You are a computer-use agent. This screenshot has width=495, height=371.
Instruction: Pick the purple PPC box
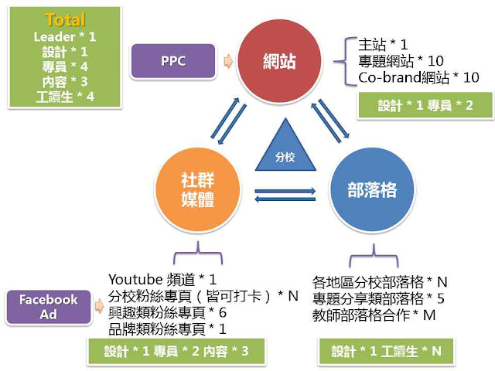(172, 60)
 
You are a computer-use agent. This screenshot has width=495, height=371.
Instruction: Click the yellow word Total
(65, 20)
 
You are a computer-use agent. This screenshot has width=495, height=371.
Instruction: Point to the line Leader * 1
(65, 36)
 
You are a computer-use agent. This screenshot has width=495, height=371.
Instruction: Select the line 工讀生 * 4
(65, 96)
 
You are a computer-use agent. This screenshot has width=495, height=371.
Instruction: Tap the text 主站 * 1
(383, 45)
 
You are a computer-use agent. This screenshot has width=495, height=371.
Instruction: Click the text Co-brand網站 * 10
(419, 77)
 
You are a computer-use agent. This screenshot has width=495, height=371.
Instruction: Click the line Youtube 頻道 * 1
(163, 279)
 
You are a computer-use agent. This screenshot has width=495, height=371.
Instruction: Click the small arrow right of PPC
(227, 60)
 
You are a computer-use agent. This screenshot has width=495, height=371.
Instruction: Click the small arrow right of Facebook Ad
(98, 305)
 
